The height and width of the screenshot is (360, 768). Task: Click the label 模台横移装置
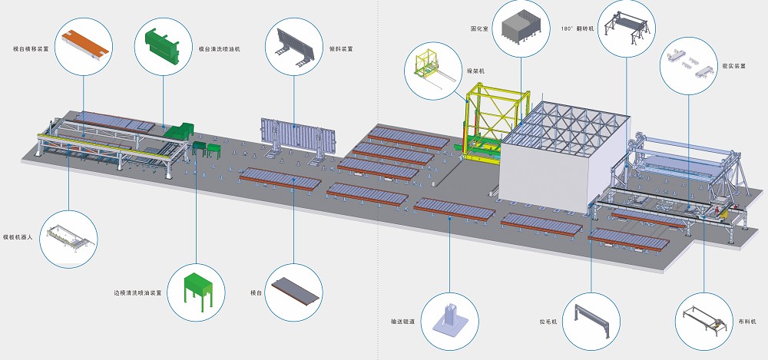(x=31, y=48)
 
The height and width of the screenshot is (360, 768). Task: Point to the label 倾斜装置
(x=341, y=48)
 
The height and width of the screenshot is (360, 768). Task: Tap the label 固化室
(x=481, y=29)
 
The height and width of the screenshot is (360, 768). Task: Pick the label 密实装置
(x=735, y=66)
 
